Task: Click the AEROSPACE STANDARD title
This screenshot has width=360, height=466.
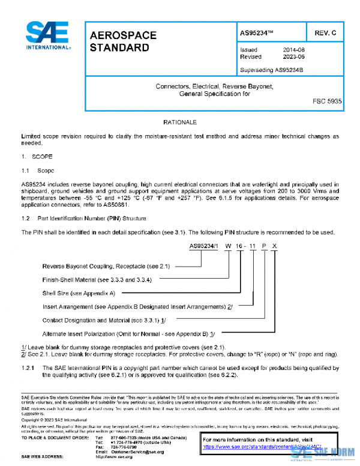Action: [x=122, y=41]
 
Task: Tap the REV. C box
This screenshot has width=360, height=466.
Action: [x=325, y=32]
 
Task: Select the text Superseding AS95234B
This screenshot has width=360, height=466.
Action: [x=271, y=70]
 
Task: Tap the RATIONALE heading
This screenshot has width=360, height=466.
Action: [x=180, y=122]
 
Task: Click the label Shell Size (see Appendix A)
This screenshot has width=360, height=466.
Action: [x=78, y=292]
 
